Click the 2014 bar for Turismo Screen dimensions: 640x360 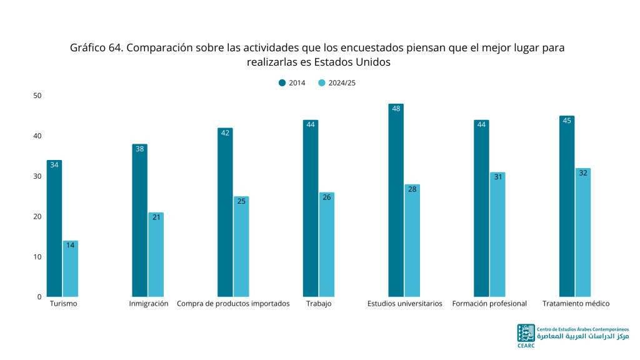point(54,228)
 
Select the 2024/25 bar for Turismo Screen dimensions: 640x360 point(71,269)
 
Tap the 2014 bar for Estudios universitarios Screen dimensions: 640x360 point(396,200)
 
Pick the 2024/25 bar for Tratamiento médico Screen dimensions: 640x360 point(583,232)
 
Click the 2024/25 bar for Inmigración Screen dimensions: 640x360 point(156,254)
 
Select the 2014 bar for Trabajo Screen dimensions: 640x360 point(311,208)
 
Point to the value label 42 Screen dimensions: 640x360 point(225,133)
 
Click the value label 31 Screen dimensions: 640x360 point(498,177)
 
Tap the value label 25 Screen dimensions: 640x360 point(241,201)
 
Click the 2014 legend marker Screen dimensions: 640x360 point(282,83)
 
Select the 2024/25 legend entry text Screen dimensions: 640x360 point(342,83)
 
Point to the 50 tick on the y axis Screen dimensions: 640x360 point(37,96)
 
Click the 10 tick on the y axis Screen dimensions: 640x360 point(37,257)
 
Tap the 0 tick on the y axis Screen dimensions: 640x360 point(39,297)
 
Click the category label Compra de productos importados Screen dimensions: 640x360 point(233,304)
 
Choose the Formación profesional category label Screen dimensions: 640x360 point(489,304)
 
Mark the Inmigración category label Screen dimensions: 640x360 point(149,304)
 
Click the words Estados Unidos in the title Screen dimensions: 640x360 point(352,62)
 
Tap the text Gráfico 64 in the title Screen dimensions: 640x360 point(96,47)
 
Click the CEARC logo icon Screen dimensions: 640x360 point(526,333)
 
